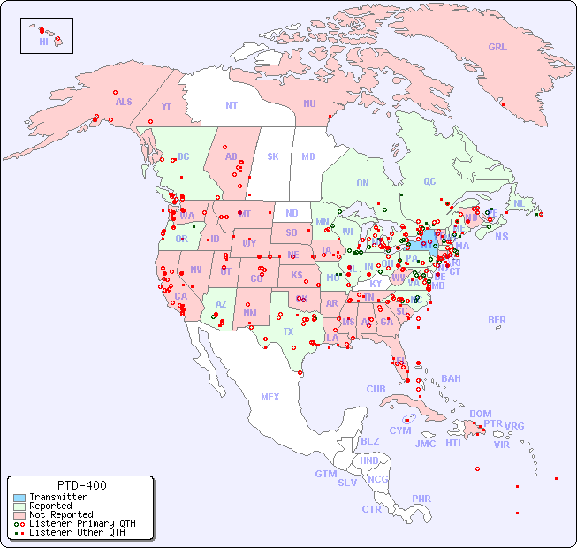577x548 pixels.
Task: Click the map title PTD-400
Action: click(x=81, y=485)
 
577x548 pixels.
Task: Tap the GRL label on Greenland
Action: click(x=497, y=47)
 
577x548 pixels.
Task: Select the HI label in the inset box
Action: click(x=43, y=42)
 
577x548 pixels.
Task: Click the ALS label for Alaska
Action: click(x=124, y=102)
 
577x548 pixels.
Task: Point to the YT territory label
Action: click(x=166, y=107)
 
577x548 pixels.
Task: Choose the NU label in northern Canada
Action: click(x=309, y=103)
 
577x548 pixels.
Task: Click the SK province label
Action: click(x=273, y=156)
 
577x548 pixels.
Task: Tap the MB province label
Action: click(x=307, y=156)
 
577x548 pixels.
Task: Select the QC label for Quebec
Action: click(x=429, y=181)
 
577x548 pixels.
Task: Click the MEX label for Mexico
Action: click(x=270, y=397)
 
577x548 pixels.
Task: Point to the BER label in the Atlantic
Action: click(x=497, y=320)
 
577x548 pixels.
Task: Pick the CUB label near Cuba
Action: click(x=376, y=389)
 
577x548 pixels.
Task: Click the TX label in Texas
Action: click(x=288, y=331)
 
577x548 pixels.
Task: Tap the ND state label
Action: click(x=292, y=213)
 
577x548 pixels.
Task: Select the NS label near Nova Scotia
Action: click(x=501, y=236)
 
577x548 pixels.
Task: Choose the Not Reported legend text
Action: click(x=61, y=514)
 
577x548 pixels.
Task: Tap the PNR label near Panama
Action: click(x=421, y=499)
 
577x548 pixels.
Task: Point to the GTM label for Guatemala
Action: click(x=325, y=474)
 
